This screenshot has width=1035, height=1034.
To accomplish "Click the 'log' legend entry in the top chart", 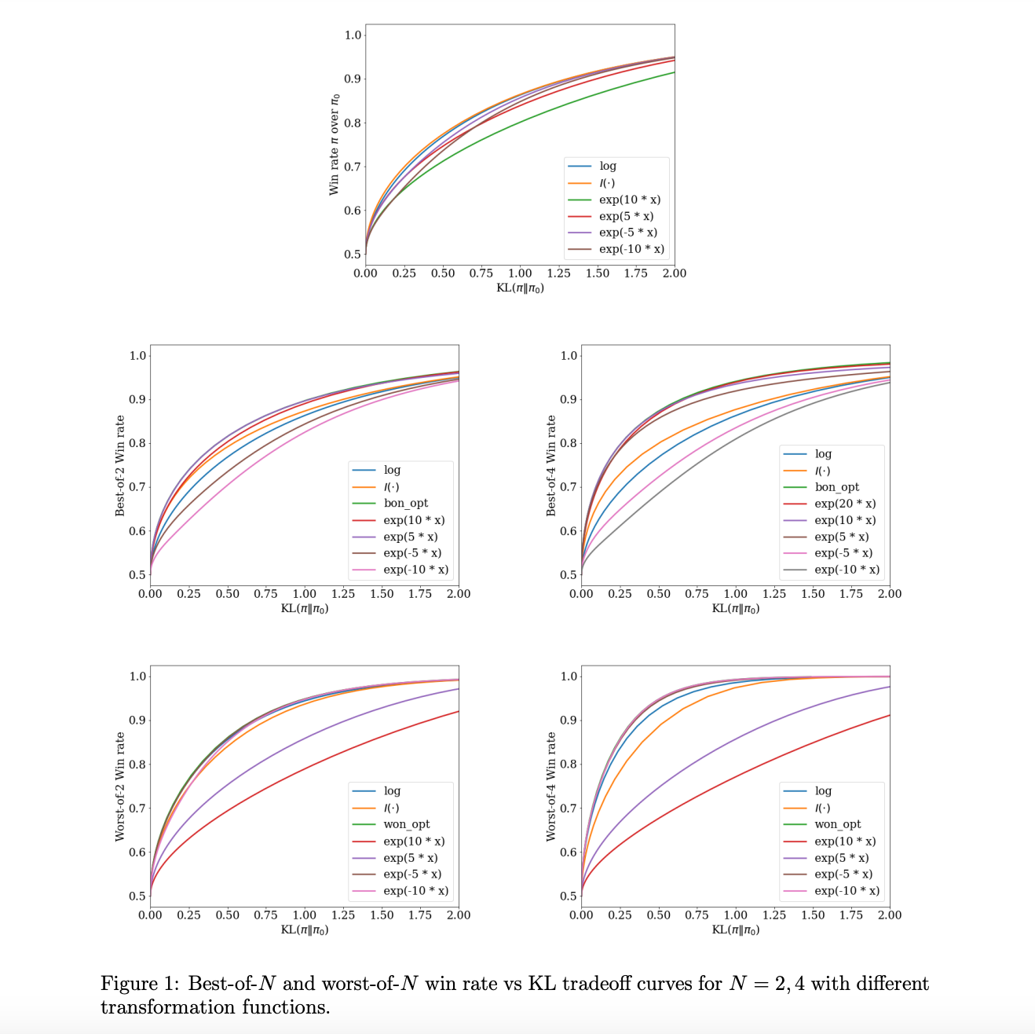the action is pyautogui.click(x=608, y=166).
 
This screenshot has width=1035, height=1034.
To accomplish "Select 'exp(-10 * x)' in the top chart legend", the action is pyautogui.click(x=631, y=249).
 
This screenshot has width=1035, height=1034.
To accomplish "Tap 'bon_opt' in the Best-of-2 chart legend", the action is pyautogui.click(x=405, y=503).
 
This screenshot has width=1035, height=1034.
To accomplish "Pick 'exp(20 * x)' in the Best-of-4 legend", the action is pyautogui.click(x=845, y=504).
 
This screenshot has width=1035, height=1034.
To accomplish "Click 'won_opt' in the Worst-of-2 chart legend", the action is pyautogui.click(x=407, y=824).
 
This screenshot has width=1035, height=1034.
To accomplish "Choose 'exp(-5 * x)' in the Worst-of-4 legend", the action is pyautogui.click(x=843, y=874).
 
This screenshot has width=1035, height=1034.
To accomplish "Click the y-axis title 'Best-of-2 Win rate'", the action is pyautogui.click(x=120, y=465).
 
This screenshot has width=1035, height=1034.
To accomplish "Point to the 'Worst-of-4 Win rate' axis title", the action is pyautogui.click(x=551, y=786).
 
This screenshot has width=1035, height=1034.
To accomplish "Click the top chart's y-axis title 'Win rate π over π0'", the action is pyautogui.click(x=334, y=145).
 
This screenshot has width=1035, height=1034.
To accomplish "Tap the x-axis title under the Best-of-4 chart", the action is pyautogui.click(x=735, y=608).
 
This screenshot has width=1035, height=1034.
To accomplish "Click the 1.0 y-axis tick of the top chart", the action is pyautogui.click(x=353, y=35).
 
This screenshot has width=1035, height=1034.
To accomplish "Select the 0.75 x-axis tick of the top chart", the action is pyautogui.click(x=481, y=273).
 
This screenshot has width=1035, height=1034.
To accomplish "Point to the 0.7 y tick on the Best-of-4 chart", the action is pyautogui.click(x=569, y=487).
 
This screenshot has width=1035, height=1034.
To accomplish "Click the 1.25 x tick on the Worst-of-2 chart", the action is pyautogui.click(x=342, y=915).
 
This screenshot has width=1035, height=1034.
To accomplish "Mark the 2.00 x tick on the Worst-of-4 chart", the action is pyautogui.click(x=890, y=915).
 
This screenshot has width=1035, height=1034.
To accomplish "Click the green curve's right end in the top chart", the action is pyautogui.click(x=675, y=72).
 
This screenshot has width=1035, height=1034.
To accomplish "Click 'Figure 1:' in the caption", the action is pyautogui.click(x=140, y=984).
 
